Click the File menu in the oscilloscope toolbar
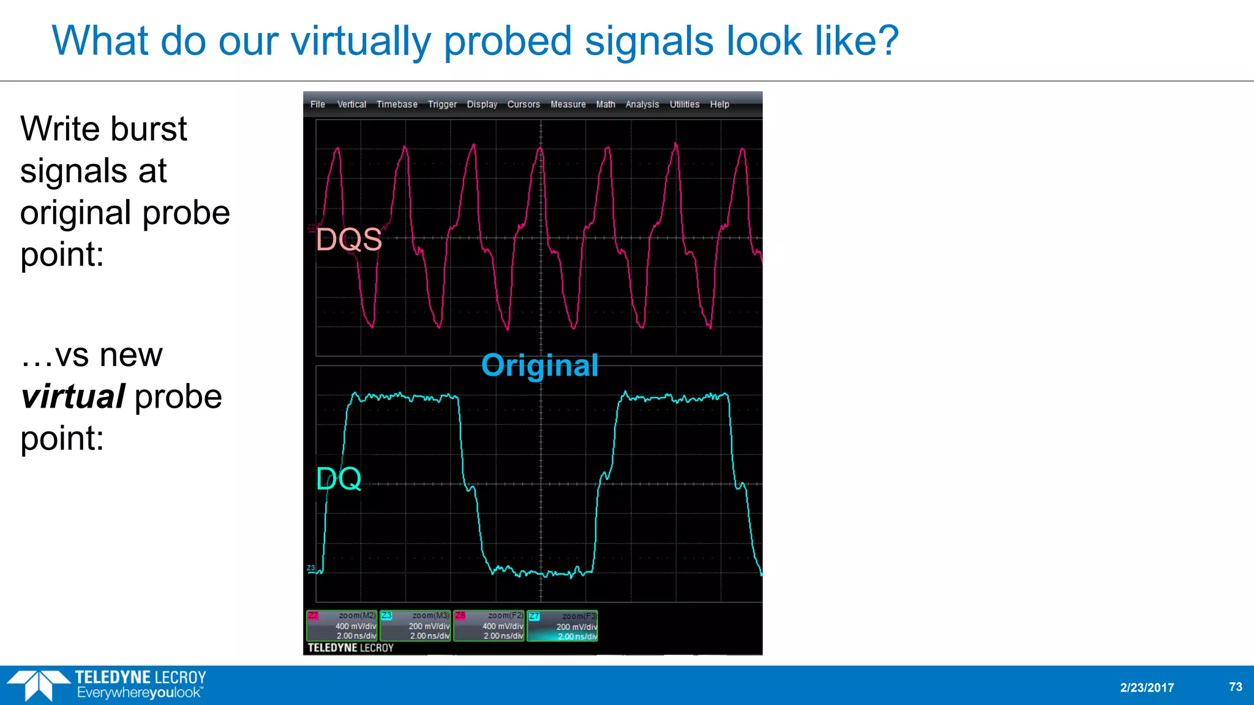(x=317, y=105)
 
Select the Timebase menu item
(x=397, y=105)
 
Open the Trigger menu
(x=442, y=105)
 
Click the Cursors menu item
(x=524, y=105)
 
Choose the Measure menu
(x=568, y=105)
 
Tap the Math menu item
(x=606, y=105)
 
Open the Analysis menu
(x=642, y=105)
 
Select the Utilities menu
(x=684, y=105)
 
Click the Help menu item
(x=719, y=105)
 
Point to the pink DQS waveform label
(x=349, y=239)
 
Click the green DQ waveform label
(x=339, y=479)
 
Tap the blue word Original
(x=539, y=365)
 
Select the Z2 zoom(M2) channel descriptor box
(x=342, y=625)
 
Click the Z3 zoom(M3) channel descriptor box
(x=415, y=625)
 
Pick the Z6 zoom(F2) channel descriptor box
(x=489, y=625)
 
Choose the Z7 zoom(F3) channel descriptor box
(x=562, y=625)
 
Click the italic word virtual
(x=73, y=397)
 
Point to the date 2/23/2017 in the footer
(x=1147, y=687)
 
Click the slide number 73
(x=1236, y=687)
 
